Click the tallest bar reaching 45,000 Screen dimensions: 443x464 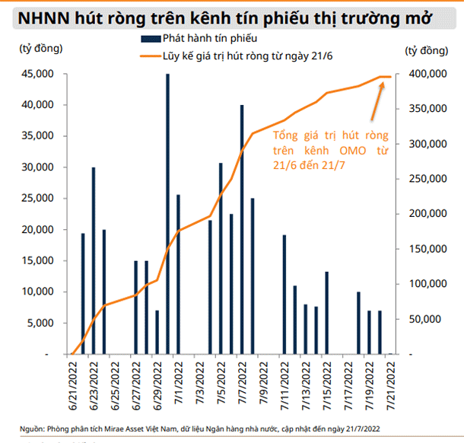click(167, 213)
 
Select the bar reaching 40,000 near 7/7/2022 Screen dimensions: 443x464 click(242, 228)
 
